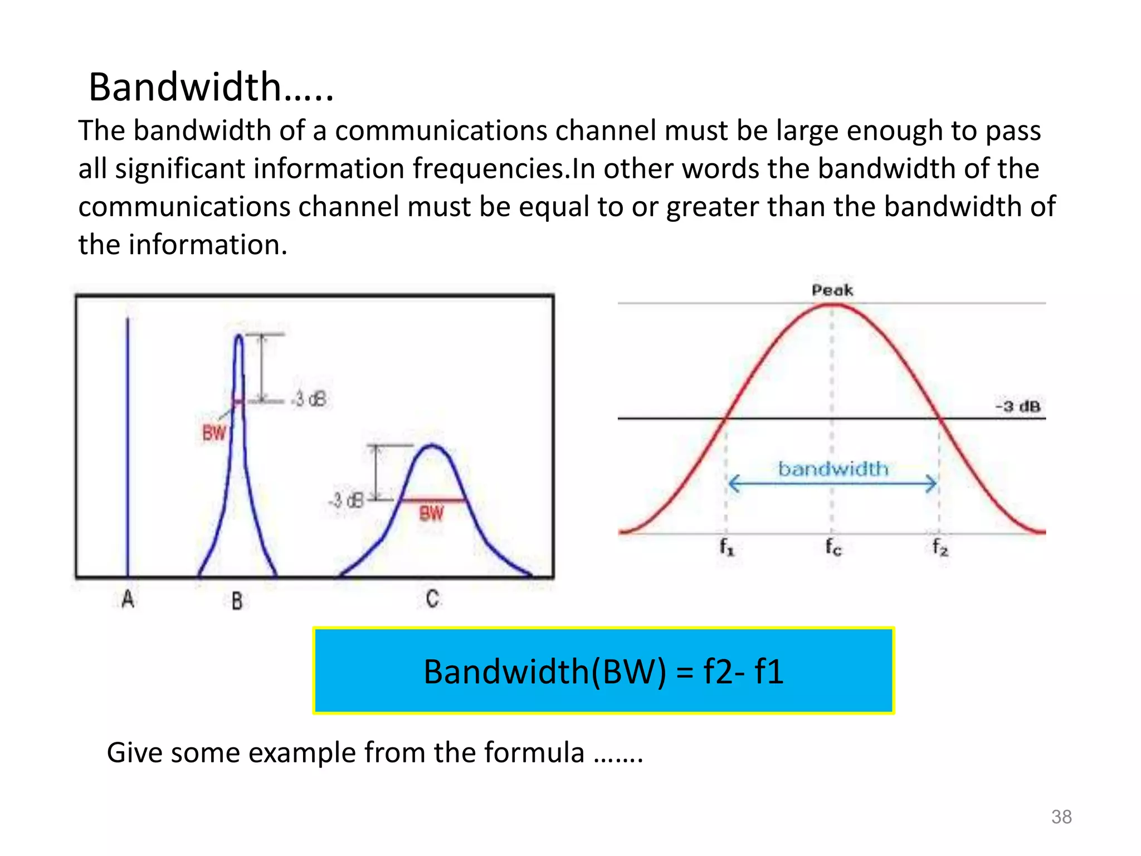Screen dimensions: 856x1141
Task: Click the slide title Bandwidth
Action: coord(211,87)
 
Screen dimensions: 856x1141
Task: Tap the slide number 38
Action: coord(1061,816)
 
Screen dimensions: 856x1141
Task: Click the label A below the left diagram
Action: coord(128,600)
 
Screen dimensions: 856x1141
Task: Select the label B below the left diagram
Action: coord(237,601)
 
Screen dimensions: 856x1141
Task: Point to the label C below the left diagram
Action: coord(432,599)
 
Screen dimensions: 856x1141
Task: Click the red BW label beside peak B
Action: coord(214,433)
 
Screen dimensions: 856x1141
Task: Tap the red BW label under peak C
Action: coord(431,513)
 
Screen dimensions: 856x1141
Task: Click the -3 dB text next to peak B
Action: coord(310,399)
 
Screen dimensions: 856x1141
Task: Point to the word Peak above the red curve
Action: coord(832,290)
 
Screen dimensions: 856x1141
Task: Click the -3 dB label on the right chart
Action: coord(1017,406)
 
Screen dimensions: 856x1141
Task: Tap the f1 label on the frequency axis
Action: coord(726,547)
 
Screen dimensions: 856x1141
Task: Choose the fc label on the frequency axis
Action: coord(833,547)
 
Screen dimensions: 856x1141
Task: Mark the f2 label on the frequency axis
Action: coord(940,547)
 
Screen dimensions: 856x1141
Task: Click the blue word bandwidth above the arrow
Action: coord(833,469)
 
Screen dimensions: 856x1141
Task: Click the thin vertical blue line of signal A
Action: coord(128,446)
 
